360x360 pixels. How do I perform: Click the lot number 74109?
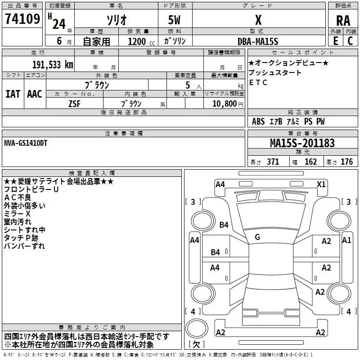click(22, 18)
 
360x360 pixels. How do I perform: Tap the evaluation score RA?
click(343, 21)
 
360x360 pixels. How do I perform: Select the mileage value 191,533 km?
click(53, 65)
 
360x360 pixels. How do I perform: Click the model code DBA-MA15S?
click(258, 41)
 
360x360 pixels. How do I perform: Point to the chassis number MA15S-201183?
click(302, 143)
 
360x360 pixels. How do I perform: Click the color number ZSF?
click(74, 104)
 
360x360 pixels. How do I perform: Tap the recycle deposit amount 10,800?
click(224, 103)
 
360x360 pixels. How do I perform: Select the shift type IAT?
click(13, 94)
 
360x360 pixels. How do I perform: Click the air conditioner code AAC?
click(35, 94)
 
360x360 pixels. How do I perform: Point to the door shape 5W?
click(174, 20)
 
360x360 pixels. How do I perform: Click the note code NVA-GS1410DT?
click(26, 143)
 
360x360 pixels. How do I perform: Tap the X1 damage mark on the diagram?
click(321, 184)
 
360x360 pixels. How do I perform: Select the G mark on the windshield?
click(257, 237)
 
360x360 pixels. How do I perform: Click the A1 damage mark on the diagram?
click(346, 240)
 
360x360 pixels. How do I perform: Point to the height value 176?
click(346, 162)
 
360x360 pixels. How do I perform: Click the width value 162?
click(310, 162)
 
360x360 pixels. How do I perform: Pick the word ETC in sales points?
click(258, 82)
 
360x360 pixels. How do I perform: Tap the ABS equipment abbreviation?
click(258, 121)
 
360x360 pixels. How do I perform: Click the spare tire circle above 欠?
click(197, 328)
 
